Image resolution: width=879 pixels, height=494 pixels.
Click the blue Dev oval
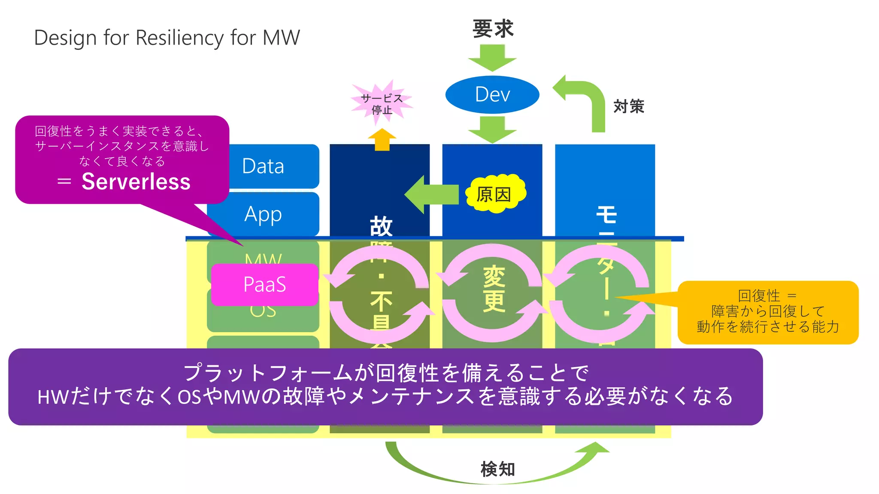pyautogui.click(x=492, y=95)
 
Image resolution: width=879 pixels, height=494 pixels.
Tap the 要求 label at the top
pyautogui.click(x=493, y=29)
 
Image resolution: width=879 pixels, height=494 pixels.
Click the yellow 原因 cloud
pyautogui.click(x=495, y=194)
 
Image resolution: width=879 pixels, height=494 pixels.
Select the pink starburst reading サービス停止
pyautogui.click(x=382, y=104)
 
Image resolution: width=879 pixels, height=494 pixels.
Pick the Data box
pyautogui.click(x=263, y=166)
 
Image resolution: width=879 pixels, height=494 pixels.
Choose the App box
pyautogui.click(x=263, y=214)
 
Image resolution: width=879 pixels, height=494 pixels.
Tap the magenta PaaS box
pyautogui.click(x=264, y=284)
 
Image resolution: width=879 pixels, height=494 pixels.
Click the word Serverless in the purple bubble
pyautogui.click(x=136, y=182)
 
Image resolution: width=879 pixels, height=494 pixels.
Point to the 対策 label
pyautogui.click(x=628, y=106)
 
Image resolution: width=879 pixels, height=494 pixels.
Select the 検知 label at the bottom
pyautogui.click(x=497, y=469)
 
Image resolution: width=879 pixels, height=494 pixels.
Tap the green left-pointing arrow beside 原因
pyautogui.click(x=431, y=194)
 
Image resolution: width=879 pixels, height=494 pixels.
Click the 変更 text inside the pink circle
pyautogui.click(x=494, y=289)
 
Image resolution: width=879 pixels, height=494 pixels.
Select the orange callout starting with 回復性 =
pyautogui.click(x=768, y=312)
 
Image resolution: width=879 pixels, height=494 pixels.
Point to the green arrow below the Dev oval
pyautogui.click(x=492, y=130)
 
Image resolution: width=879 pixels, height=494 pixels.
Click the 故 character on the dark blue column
pyautogui.click(x=381, y=226)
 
